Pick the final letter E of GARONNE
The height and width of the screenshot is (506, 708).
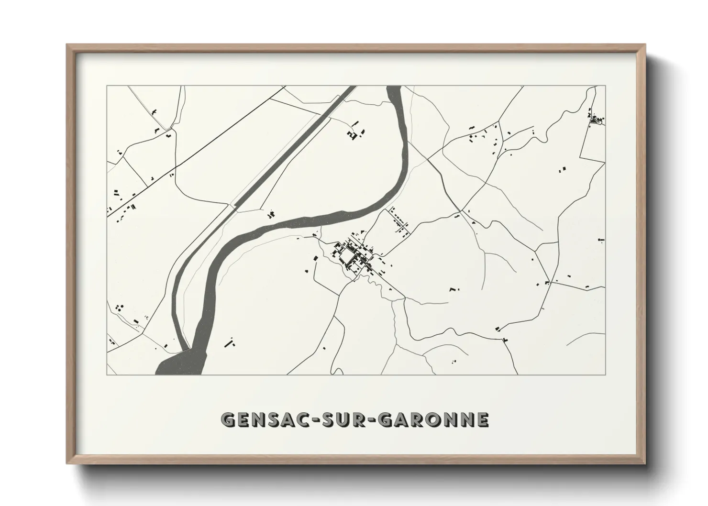pos(483,419)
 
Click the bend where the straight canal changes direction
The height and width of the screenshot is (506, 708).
pos(233,206)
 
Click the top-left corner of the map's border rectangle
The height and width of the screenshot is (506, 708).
pos(107,86)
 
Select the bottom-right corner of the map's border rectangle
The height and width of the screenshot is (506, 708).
pos(605,374)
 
